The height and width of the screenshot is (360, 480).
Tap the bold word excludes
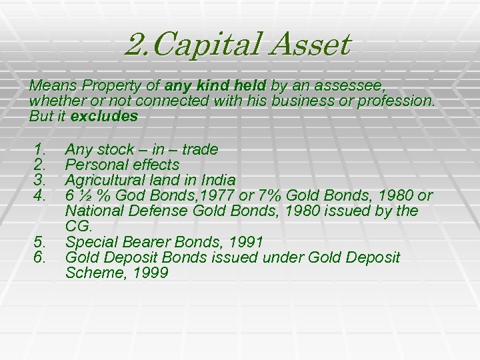[104, 116]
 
